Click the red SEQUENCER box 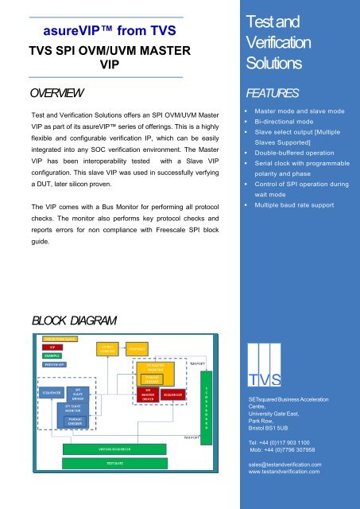tap(175, 394)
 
